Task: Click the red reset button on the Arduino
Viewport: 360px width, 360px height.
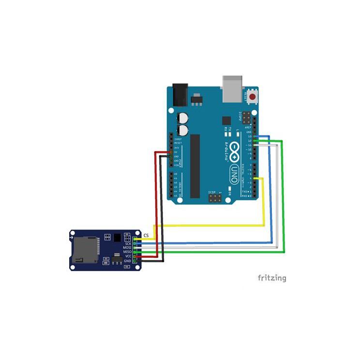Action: click(252, 96)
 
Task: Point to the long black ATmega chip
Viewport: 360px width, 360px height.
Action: click(195, 166)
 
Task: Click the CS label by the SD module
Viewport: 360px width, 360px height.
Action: click(146, 235)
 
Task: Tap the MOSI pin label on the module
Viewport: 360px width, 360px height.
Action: click(127, 248)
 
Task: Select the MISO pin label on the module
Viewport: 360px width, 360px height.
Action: click(127, 252)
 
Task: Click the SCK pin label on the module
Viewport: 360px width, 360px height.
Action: click(128, 243)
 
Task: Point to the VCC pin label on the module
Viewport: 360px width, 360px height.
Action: click(128, 256)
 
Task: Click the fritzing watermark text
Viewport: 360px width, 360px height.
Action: click(271, 278)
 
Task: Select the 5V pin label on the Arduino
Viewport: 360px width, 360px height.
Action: click(176, 152)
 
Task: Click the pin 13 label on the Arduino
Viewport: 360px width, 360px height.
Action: click(249, 136)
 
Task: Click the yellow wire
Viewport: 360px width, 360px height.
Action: click(208, 225)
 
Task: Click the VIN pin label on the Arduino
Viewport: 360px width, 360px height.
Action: click(177, 165)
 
